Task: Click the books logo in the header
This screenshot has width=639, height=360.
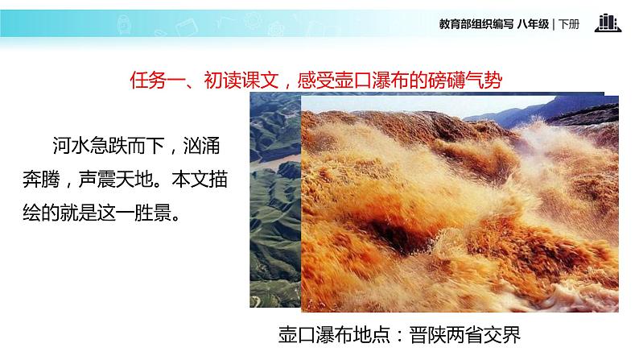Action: (608, 23)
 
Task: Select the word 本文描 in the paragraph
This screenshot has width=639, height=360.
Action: (201, 180)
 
